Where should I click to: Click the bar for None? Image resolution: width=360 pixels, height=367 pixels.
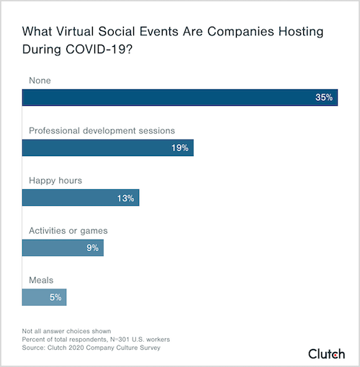[180, 97]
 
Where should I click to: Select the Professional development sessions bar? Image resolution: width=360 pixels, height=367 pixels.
[108, 148]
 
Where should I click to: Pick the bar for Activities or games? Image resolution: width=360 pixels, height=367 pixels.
[63, 248]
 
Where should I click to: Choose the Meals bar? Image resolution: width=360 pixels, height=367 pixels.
[45, 297]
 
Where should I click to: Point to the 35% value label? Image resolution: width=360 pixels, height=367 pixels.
[324, 97]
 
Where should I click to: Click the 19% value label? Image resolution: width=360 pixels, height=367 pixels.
[179, 148]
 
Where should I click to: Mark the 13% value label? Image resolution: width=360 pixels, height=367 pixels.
[125, 197]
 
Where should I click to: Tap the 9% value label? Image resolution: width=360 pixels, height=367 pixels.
[92, 248]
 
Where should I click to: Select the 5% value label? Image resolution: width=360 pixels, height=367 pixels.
[55, 297]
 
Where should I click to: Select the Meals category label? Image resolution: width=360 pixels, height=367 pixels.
[40, 280]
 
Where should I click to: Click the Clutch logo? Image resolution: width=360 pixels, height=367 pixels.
[327, 353]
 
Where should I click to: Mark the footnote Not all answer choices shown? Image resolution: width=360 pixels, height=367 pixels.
[66, 331]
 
